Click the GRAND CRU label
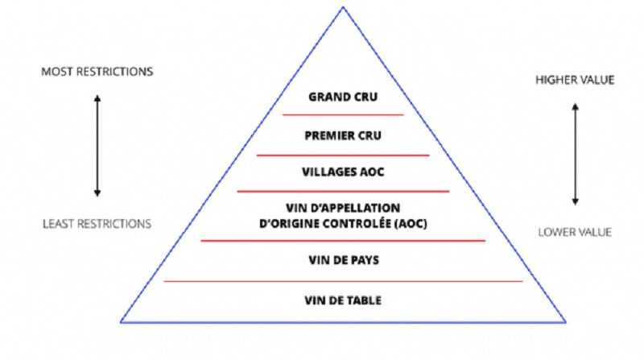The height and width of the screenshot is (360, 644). [343, 98]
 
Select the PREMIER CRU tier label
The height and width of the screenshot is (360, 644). [343, 134]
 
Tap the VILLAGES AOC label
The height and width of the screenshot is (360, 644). [343, 172]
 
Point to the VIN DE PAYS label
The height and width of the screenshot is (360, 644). [343, 260]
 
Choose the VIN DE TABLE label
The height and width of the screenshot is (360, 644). [343, 301]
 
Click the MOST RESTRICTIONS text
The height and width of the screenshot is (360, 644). [97, 72]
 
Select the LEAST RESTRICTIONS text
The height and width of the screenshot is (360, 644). [97, 223]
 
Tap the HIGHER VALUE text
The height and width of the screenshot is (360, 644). [575, 80]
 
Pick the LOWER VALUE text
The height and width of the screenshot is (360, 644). [575, 233]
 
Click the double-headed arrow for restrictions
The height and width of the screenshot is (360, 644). [97, 146]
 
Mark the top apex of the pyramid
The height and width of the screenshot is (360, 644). [343, 8]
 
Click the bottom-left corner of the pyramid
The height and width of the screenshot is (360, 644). [122, 322]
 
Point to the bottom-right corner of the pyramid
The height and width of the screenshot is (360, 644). [566, 322]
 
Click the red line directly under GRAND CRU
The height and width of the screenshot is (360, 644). [343, 115]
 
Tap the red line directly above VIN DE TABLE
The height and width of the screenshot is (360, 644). [343, 281]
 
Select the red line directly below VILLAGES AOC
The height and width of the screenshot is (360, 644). [343, 192]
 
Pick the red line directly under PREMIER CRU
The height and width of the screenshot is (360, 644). [343, 155]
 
